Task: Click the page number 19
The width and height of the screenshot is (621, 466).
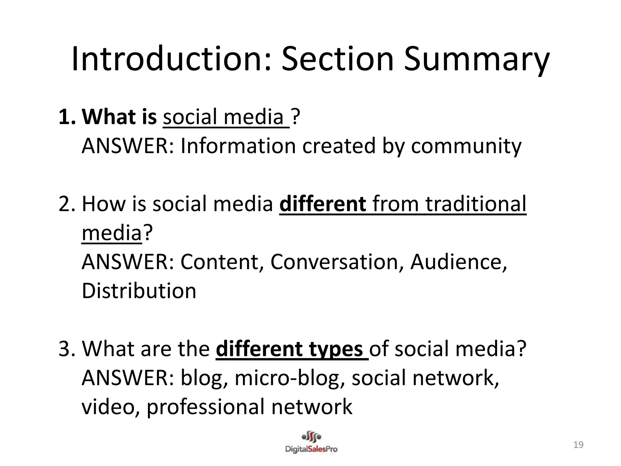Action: click(578, 445)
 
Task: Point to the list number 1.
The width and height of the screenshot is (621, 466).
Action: click(66, 117)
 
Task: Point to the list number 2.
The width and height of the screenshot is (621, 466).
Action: click(66, 204)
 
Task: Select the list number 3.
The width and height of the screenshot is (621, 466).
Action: click(66, 349)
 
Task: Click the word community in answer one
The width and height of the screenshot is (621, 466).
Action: click(466, 146)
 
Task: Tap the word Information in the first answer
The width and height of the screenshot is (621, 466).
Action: click(238, 146)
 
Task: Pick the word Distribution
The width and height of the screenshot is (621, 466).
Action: click(139, 291)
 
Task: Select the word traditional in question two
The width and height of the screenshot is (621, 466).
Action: click(476, 204)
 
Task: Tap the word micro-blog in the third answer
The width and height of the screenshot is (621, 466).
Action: click(290, 378)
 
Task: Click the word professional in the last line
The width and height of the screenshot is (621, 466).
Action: click(205, 407)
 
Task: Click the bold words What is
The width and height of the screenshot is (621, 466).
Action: click(119, 117)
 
